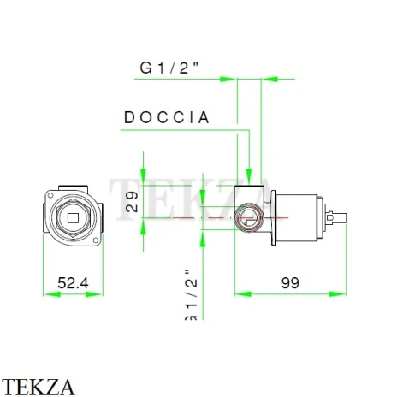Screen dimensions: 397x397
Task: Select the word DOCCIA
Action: [168, 118]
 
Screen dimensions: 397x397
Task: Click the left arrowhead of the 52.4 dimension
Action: [46, 293]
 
